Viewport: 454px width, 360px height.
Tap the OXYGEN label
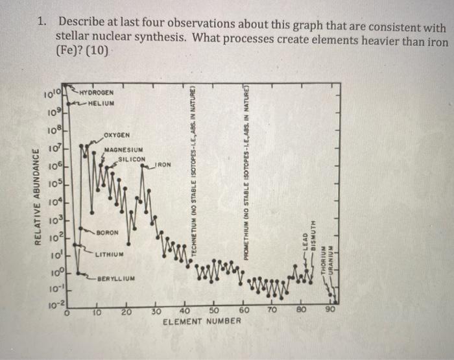point(117,134)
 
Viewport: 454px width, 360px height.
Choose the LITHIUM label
point(110,254)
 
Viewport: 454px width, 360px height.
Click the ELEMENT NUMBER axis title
point(201,322)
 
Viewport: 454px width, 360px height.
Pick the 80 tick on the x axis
point(300,311)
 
